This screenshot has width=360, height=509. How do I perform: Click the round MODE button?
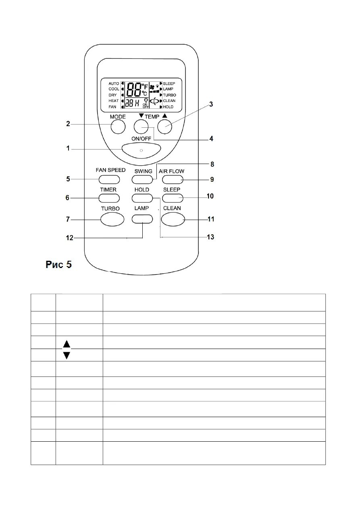click(x=117, y=127)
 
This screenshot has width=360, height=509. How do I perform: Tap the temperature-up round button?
click(x=164, y=127)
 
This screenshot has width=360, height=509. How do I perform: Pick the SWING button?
click(x=143, y=179)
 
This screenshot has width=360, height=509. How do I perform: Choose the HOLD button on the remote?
click(x=142, y=197)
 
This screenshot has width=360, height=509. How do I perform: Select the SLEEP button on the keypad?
click(x=173, y=197)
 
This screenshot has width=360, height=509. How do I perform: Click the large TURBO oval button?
click(x=112, y=219)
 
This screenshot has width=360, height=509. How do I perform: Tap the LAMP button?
click(x=142, y=219)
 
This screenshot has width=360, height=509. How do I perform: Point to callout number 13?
click(x=210, y=237)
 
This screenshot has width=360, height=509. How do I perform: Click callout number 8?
click(x=212, y=164)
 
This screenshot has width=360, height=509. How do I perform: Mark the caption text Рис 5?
click(x=58, y=264)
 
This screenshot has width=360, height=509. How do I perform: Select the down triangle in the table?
click(x=67, y=355)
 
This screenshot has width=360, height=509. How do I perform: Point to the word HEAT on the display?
click(x=113, y=101)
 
